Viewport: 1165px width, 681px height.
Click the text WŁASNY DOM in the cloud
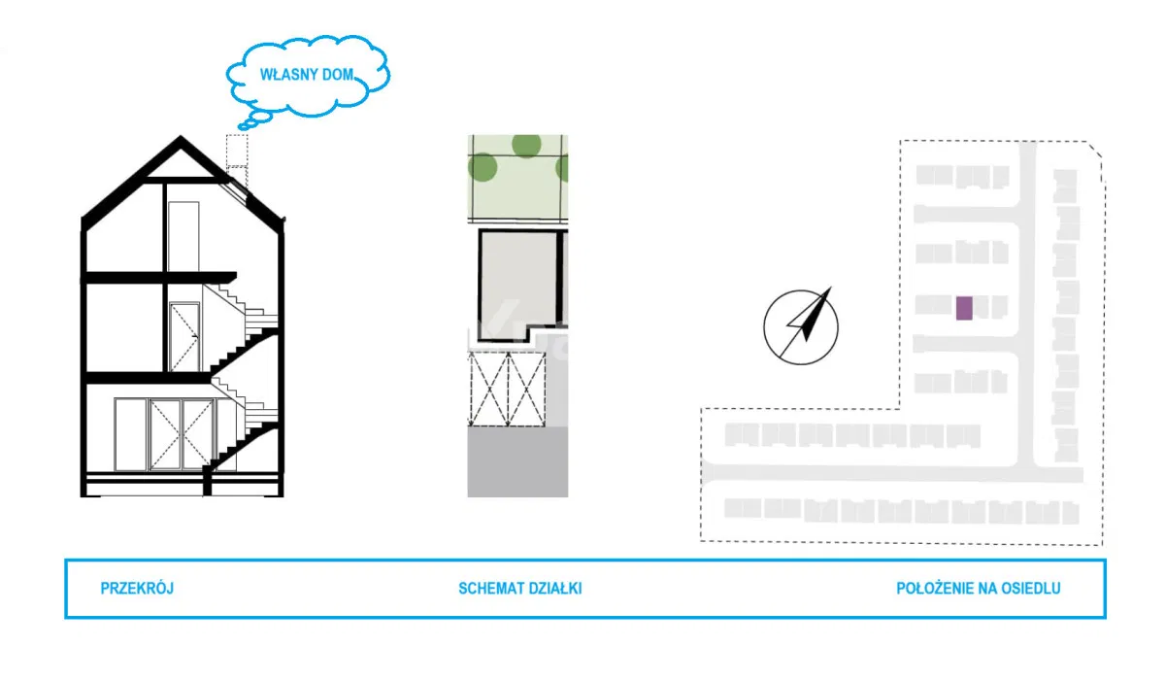(x=308, y=74)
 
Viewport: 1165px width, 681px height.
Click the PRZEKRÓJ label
(x=137, y=588)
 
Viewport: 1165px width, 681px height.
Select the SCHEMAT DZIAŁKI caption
(x=520, y=588)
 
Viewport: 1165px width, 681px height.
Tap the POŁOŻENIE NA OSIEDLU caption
(x=978, y=588)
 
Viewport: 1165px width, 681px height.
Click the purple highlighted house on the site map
(x=964, y=308)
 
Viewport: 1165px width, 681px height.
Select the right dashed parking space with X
(x=527, y=389)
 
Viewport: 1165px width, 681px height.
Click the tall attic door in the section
(x=182, y=236)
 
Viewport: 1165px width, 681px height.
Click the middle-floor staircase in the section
(x=243, y=325)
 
